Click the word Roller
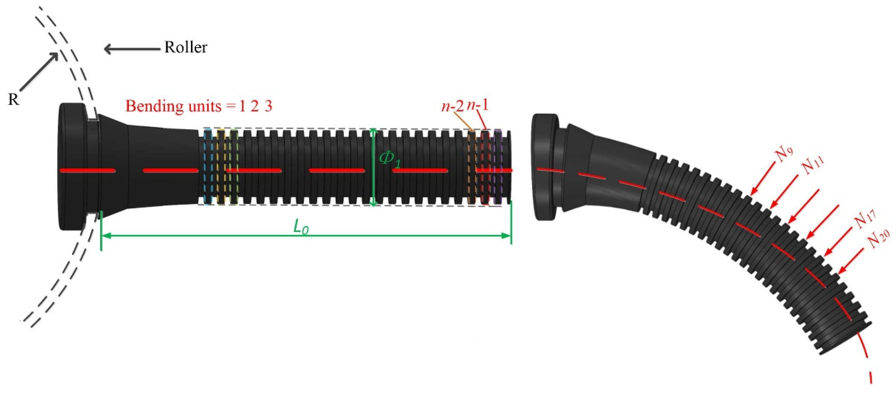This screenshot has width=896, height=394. point(186,47)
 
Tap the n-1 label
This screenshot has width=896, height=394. point(477,105)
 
